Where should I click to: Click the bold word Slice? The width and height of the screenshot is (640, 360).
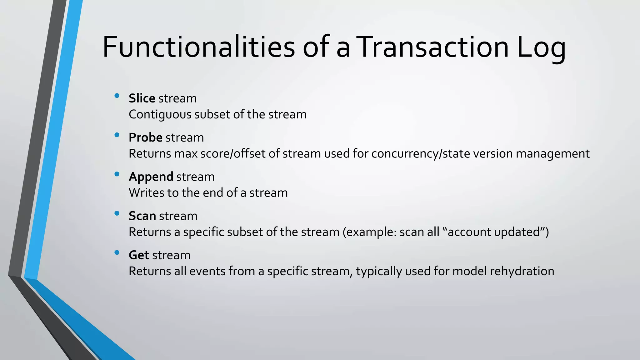pyautogui.click(x=142, y=98)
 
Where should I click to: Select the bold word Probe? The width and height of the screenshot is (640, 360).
pyautogui.click(x=145, y=138)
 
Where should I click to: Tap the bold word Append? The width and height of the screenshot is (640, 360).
pyautogui.click(x=151, y=177)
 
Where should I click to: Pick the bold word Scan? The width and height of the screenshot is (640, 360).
pyautogui.click(x=142, y=216)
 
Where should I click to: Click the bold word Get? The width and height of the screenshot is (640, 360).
pyautogui.click(x=139, y=255)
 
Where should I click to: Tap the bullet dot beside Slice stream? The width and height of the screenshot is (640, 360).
pyautogui.click(x=117, y=96)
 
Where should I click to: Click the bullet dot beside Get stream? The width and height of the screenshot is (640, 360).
pyautogui.click(x=117, y=252)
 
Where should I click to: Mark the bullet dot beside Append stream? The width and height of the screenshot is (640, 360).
pyautogui.click(x=117, y=174)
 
